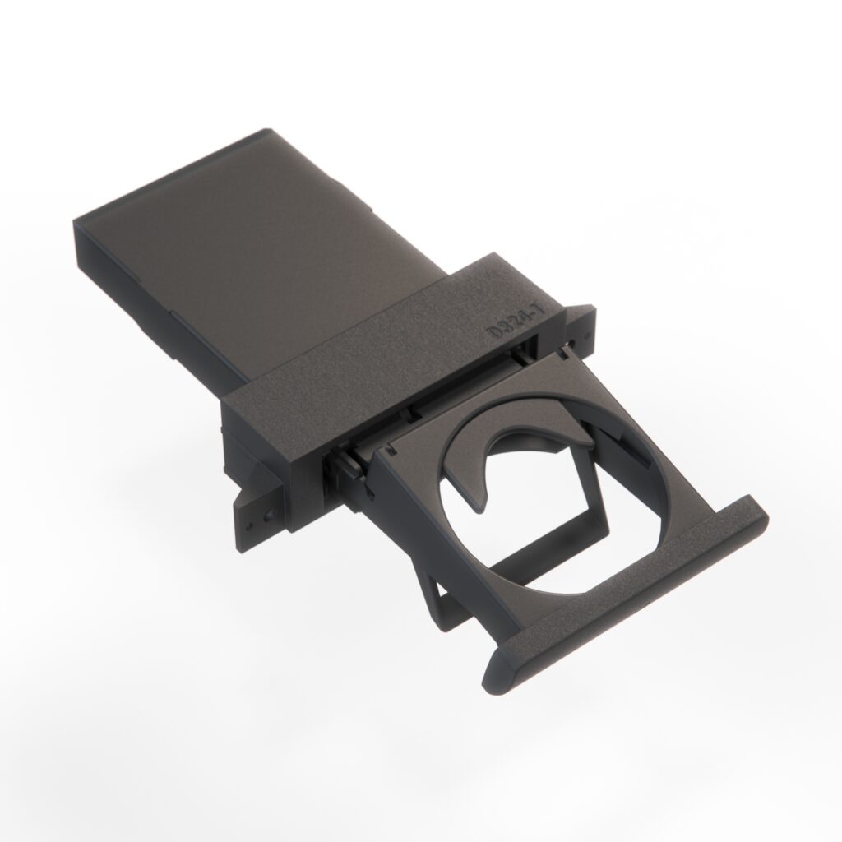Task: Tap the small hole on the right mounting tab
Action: pos(583,338)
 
